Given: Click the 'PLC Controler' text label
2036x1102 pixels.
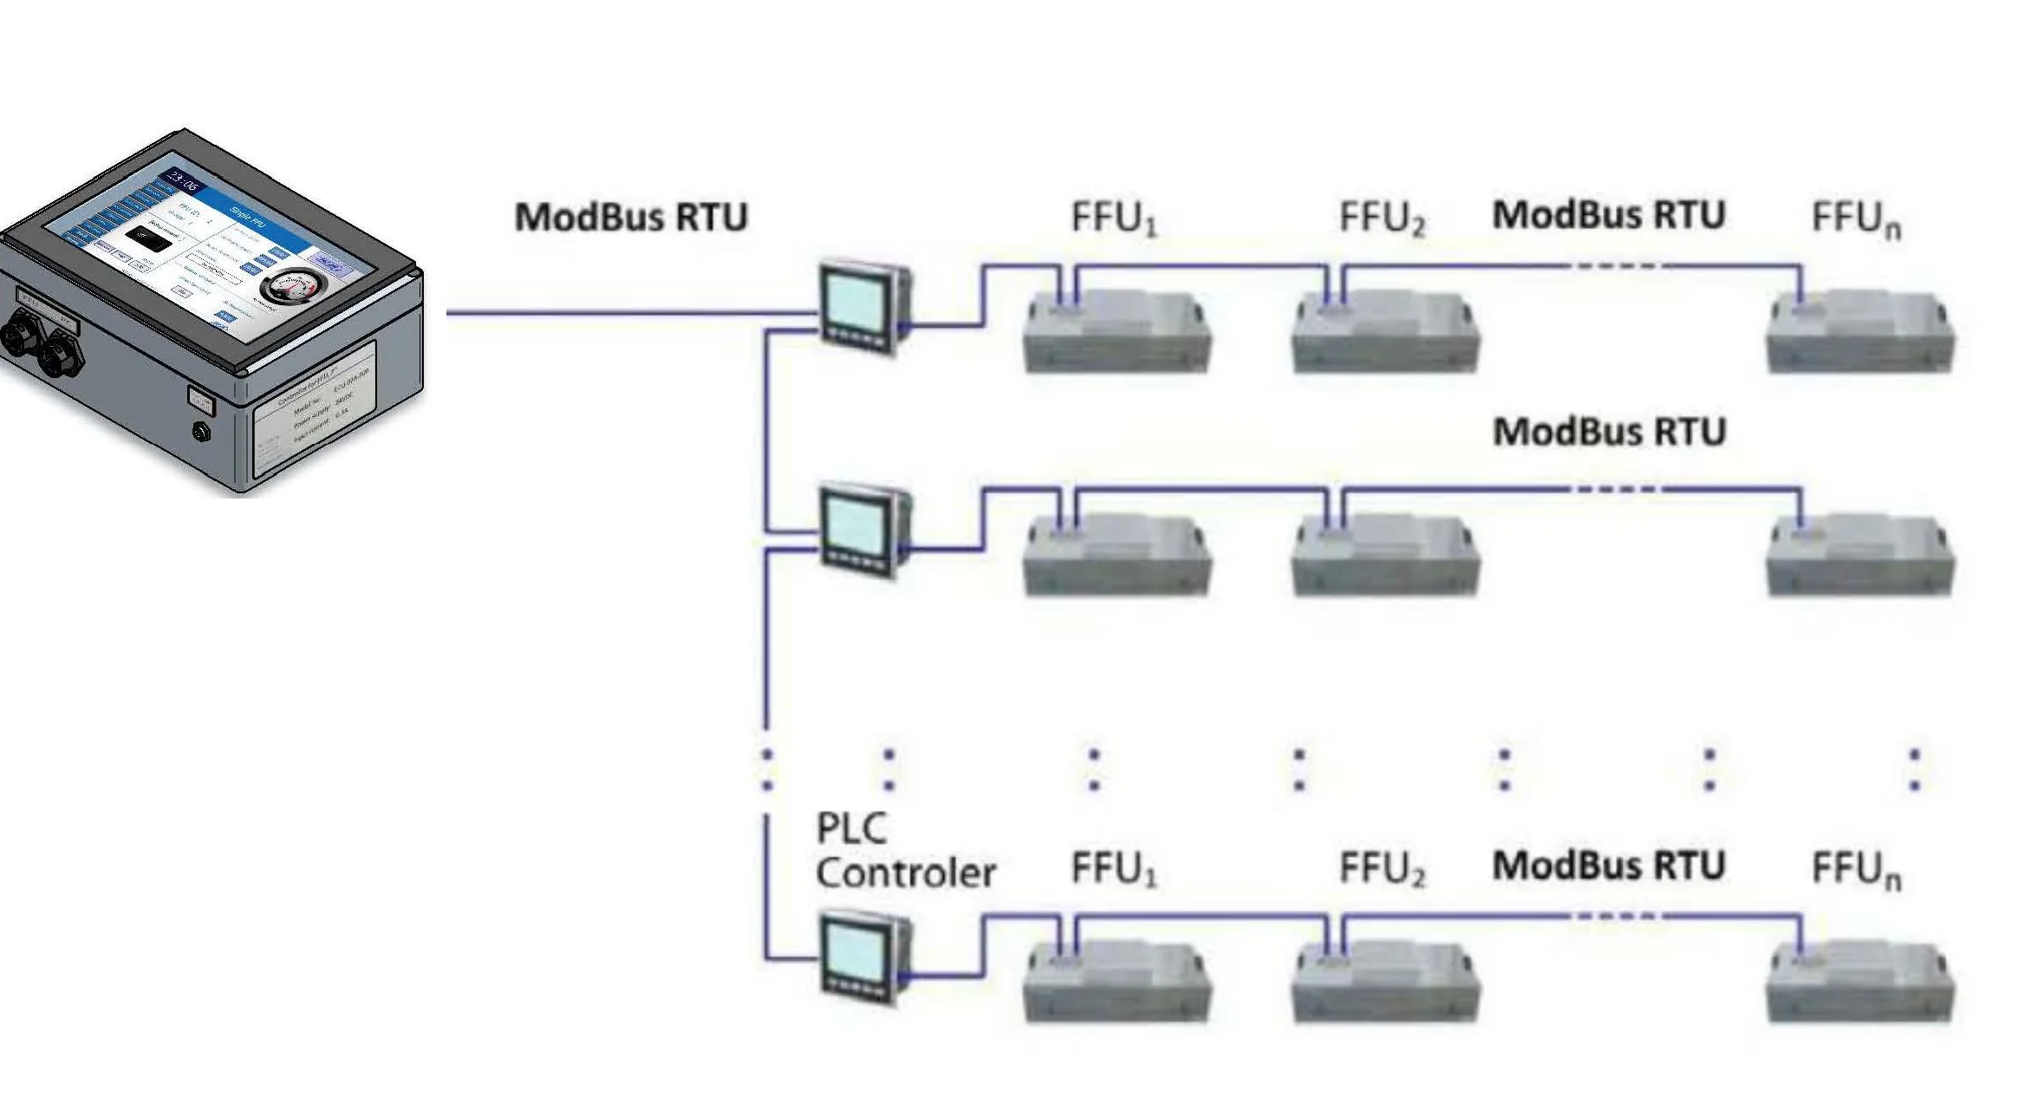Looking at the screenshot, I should coord(904,851).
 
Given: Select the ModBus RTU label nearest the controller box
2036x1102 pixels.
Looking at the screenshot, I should coord(631,217).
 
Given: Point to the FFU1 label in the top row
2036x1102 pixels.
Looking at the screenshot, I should coord(1114,218).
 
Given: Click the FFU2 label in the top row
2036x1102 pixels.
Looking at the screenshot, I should coord(1382,218).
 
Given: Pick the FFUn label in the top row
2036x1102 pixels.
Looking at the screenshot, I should coord(1856,220).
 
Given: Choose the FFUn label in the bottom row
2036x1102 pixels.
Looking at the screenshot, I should coord(1856,871).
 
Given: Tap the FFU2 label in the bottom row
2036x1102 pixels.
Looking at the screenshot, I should coord(1382,869).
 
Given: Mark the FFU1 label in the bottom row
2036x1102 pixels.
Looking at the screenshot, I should coord(1114,869).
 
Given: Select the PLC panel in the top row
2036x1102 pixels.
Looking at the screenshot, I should coord(863,308).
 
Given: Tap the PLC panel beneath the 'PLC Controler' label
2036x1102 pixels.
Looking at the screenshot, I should coord(863,957).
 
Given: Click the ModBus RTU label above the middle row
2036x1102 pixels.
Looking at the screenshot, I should coord(1609,432).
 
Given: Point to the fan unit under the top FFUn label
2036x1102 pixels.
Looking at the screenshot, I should coord(1860,333).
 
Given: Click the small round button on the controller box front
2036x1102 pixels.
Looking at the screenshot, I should coord(202,431).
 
